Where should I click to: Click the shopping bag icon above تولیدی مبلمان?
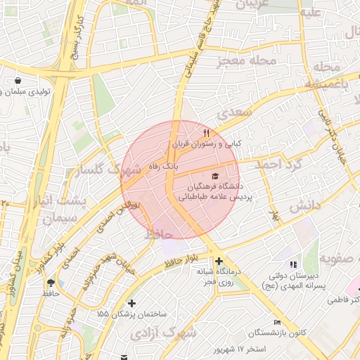(x=17, y=81)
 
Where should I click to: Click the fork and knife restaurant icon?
(x=206, y=132)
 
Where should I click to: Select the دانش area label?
(x=304, y=205)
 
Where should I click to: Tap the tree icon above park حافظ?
(x=51, y=283)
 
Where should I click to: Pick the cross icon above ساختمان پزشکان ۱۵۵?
(x=131, y=303)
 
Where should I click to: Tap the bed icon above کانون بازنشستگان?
(x=276, y=321)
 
